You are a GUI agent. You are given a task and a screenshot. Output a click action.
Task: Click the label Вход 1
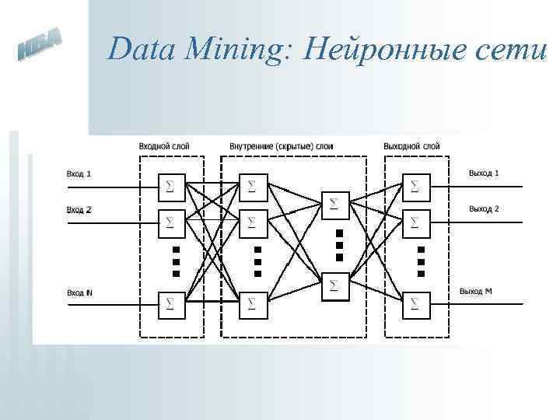tap(78, 173)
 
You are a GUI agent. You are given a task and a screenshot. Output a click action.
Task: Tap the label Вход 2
tap(78, 209)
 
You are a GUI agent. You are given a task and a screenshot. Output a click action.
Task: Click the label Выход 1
tap(484, 173)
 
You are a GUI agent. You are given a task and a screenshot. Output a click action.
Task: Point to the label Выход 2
tap(484, 209)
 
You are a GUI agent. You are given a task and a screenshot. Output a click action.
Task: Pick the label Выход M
tap(475, 292)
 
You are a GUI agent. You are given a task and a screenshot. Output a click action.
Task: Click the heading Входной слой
tap(163, 145)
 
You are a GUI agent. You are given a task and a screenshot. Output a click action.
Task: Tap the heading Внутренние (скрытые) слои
tap(282, 145)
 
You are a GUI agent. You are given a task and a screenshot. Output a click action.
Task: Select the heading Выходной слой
tap(411, 145)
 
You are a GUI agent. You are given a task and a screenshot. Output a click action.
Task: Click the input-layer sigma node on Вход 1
tap(170, 186)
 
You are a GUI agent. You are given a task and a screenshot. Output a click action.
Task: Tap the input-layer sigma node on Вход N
tap(170, 301)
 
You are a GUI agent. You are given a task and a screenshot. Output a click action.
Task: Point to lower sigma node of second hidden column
tap(334, 285)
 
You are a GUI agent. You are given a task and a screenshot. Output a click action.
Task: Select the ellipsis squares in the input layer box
tap(176, 261)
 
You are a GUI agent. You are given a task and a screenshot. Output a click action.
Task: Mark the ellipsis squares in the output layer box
tap(421, 261)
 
